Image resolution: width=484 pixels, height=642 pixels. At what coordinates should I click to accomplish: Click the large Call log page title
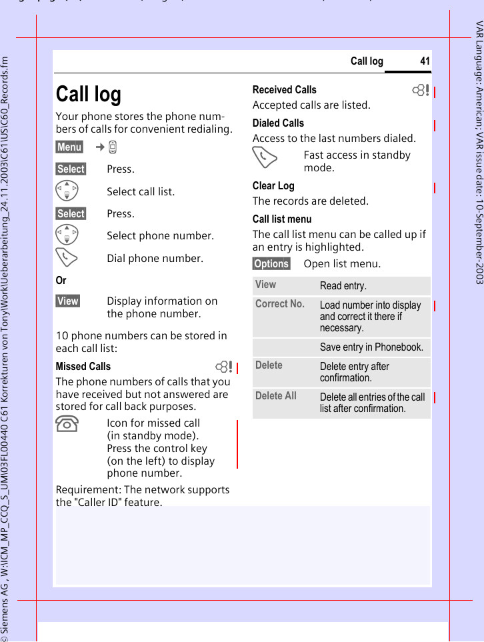click(x=89, y=94)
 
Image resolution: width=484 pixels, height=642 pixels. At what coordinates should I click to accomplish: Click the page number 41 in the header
click(x=425, y=61)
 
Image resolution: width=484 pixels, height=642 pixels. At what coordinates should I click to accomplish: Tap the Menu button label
click(x=69, y=147)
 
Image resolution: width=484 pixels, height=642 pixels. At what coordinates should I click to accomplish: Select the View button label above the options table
click(x=67, y=301)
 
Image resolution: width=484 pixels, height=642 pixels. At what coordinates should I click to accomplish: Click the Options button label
click(x=271, y=263)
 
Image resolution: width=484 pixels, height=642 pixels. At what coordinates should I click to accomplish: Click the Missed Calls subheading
click(x=83, y=366)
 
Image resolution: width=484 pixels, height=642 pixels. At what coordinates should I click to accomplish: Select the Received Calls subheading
click(x=285, y=89)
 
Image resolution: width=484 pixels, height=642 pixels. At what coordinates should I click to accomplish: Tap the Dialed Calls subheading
click(x=278, y=123)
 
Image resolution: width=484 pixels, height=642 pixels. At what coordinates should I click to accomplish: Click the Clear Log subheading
click(x=273, y=185)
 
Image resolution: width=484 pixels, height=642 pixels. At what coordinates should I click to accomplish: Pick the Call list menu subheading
click(x=282, y=219)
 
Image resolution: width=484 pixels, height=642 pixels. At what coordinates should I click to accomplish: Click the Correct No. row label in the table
click(x=280, y=304)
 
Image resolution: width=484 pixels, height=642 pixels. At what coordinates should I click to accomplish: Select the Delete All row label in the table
click(x=276, y=396)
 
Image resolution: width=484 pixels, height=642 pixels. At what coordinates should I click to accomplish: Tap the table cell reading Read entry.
click(x=343, y=286)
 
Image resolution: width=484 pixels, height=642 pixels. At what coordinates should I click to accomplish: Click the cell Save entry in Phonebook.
click(x=371, y=347)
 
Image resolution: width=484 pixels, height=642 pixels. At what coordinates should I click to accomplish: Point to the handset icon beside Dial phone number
click(x=68, y=258)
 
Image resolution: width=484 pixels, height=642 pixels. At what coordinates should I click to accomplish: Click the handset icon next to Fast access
click(x=265, y=159)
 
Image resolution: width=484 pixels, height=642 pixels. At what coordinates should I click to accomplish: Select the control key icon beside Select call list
click(x=68, y=191)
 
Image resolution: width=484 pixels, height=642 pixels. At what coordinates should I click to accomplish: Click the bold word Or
click(x=61, y=280)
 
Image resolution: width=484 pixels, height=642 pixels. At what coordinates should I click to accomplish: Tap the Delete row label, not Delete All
click(x=269, y=365)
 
